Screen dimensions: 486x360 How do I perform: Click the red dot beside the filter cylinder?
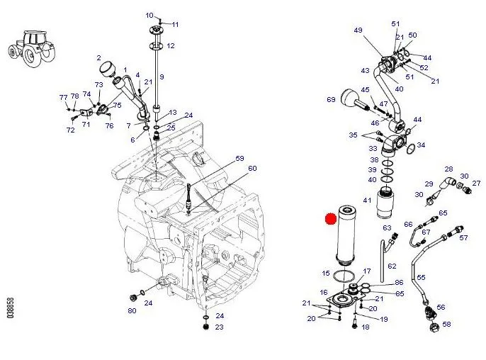(331, 218)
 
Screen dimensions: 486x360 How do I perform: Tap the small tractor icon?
(31, 48)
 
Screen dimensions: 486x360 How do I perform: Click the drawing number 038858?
(10, 308)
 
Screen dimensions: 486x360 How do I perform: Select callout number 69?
(331, 99)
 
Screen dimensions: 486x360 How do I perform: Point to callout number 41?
(367, 201)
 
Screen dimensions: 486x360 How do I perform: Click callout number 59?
(239, 159)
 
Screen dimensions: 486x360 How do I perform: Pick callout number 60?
(252, 169)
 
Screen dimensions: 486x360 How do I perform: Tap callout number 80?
(132, 310)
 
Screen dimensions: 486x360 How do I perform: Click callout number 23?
(219, 327)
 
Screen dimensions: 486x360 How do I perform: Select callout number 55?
(421, 277)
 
